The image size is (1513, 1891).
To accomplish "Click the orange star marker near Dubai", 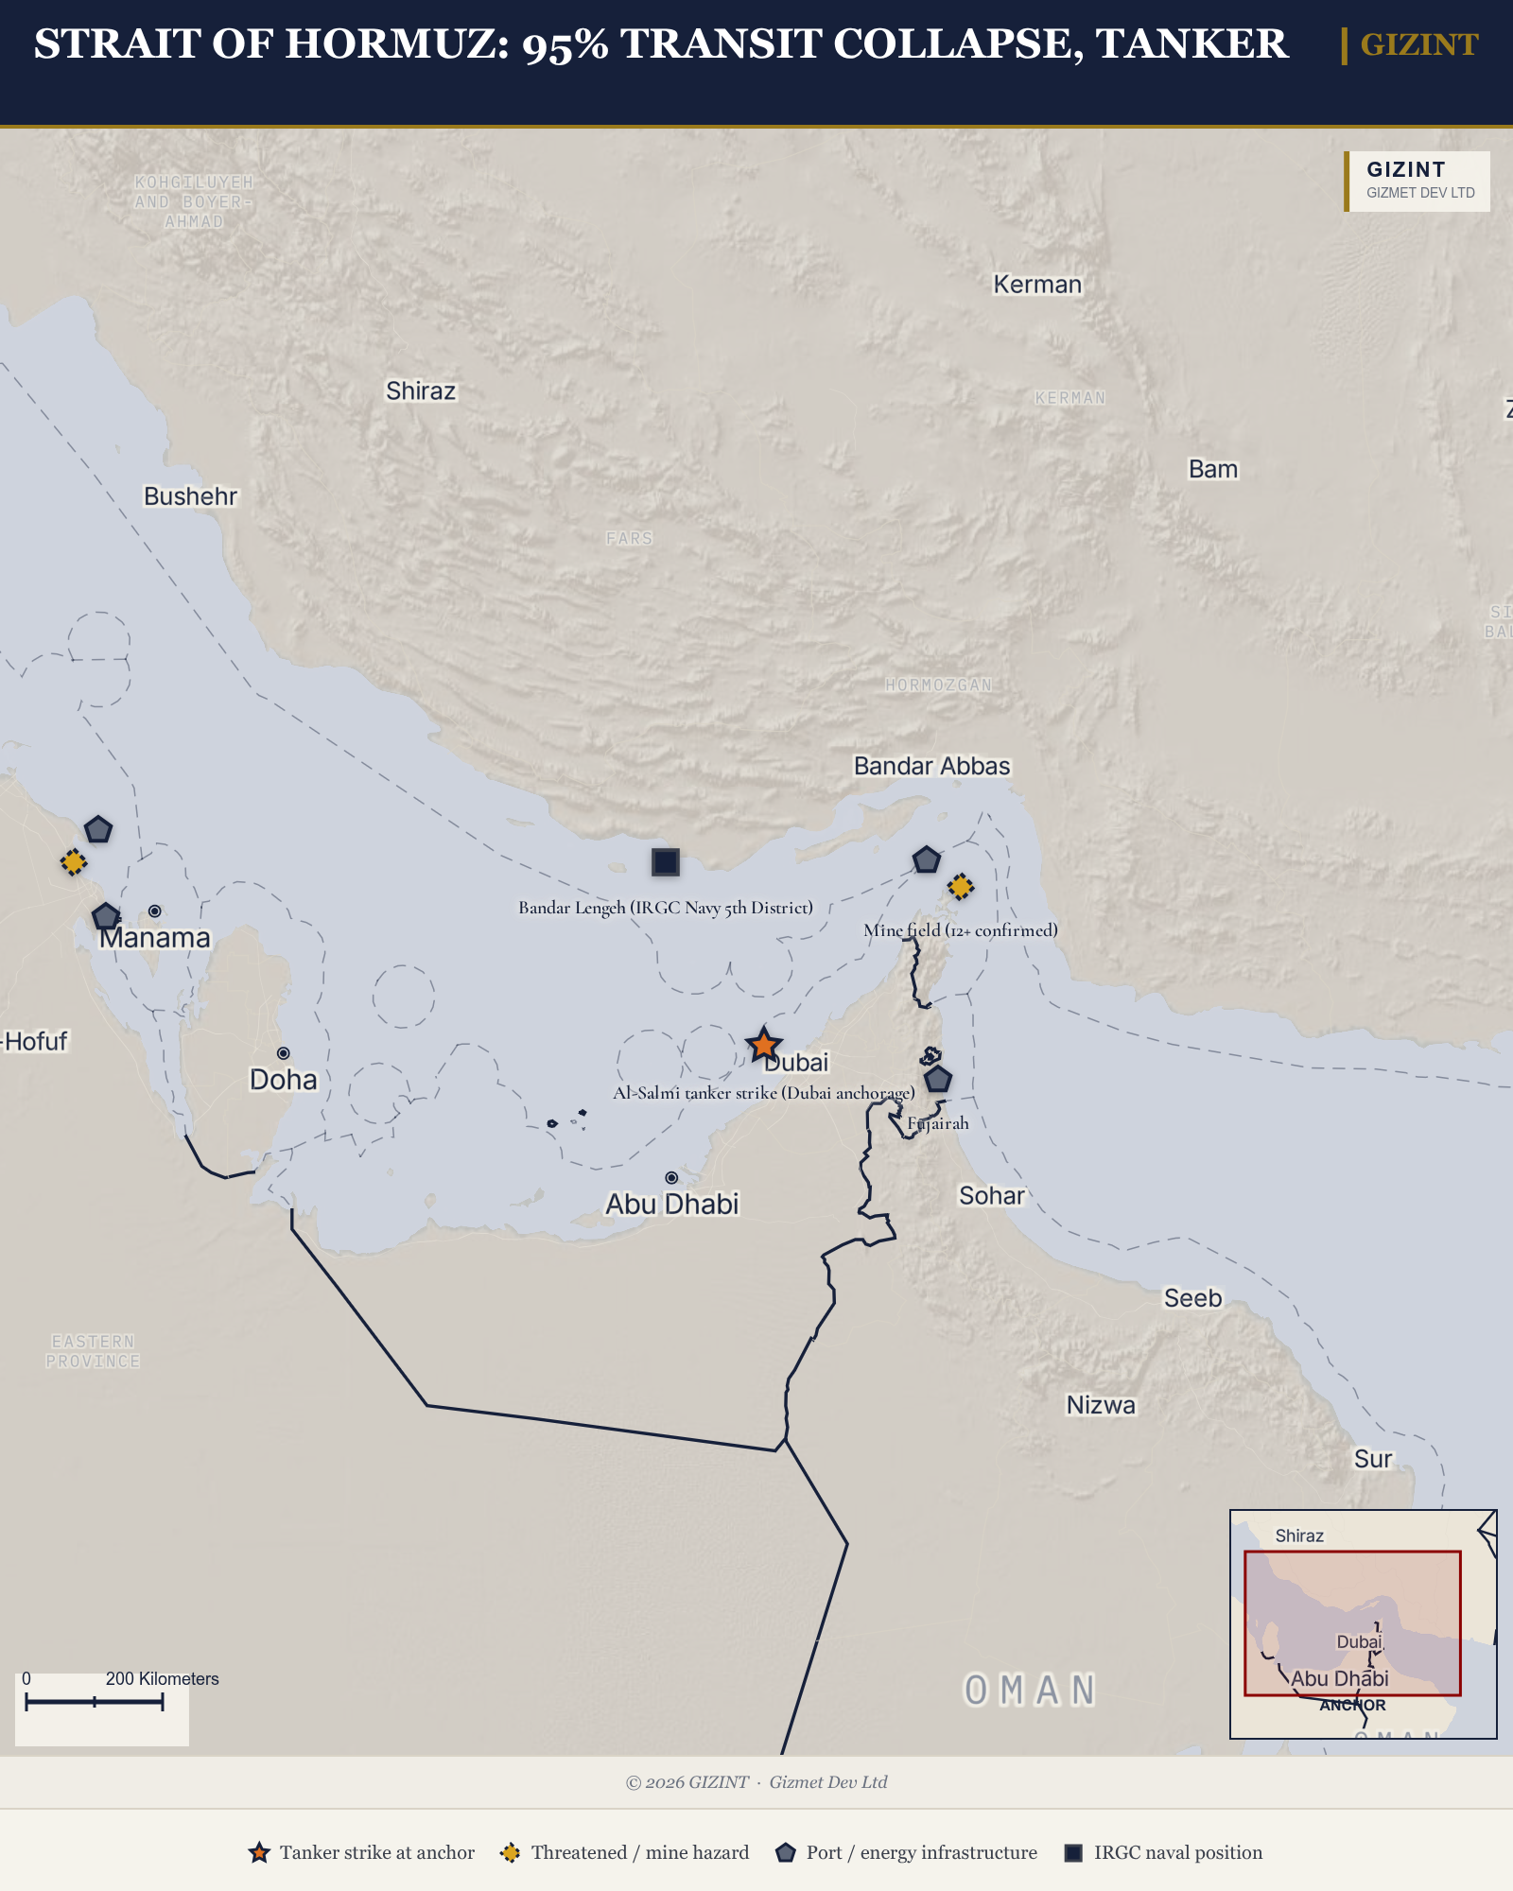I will click(763, 1045).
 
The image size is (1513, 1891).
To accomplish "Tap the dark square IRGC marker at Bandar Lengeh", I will click(666, 862).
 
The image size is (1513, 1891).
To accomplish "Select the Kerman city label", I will click(1036, 285).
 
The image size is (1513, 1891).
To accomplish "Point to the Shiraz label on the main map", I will click(421, 391).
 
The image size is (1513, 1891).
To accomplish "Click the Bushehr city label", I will click(190, 496).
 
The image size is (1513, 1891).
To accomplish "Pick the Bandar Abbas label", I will click(931, 766).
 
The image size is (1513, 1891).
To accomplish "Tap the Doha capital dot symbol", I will click(283, 1053).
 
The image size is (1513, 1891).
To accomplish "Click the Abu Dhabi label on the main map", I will click(671, 1205).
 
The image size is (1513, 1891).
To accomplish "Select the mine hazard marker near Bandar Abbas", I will click(961, 887).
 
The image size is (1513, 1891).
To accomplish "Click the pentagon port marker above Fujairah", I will click(937, 1079).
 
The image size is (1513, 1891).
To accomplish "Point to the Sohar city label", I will click(991, 1196).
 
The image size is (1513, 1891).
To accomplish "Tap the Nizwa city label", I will click(1101, 1405).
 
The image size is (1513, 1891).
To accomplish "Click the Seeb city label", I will click(1192, 1298).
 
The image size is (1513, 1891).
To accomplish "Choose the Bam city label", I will click(1212, 470).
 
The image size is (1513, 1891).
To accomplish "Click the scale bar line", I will click(95, 1702).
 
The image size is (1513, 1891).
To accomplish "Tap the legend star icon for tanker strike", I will click(259, 1852).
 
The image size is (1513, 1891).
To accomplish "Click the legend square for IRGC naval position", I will click(1073, 1852).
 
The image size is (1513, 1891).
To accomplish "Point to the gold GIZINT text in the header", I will click(1418, 44).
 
